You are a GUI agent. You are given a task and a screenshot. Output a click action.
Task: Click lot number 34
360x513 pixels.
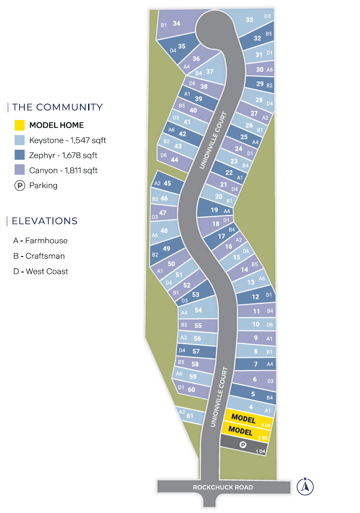point(177,23)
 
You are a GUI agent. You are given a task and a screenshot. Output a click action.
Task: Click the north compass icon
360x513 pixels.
point(305,487)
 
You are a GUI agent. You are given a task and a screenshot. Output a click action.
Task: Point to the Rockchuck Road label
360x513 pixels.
point(223,487)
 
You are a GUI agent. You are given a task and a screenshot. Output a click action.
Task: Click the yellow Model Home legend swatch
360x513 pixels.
point(19,125)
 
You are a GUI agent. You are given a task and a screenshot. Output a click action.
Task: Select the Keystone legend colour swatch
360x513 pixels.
point(19,140)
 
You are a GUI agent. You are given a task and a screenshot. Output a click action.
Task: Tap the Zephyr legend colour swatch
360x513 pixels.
point(19,155)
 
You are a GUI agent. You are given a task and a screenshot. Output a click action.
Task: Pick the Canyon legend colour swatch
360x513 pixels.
point(19,170)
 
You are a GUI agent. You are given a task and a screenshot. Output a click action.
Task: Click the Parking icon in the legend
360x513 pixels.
point(19,186)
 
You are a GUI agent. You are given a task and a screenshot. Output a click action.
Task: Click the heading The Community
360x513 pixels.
point(57,107)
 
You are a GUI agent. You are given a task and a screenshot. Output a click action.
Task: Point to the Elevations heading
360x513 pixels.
point(45,221)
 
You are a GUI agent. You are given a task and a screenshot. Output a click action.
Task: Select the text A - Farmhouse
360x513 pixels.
point(40,241)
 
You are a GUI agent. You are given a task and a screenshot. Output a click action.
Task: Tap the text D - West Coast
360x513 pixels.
point(41,271)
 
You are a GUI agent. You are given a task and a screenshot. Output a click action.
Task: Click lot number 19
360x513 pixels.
point(214,210)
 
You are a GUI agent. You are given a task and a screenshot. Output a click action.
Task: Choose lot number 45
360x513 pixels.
point(167,183)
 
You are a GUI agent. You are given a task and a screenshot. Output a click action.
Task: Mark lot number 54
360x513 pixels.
point(198,310)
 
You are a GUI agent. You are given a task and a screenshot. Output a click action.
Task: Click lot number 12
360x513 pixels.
point(256,297)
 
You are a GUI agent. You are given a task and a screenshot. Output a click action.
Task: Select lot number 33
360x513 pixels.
point(249,20)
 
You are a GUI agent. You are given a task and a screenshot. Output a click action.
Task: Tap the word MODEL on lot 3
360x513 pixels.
point(243,418)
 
